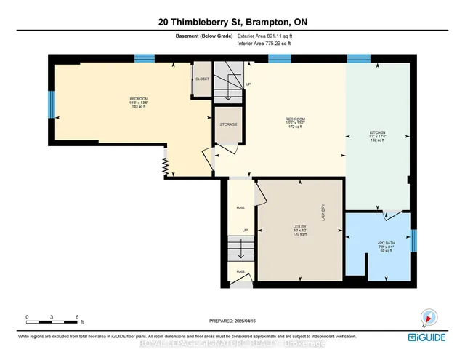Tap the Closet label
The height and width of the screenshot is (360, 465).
click(x=201, y=79)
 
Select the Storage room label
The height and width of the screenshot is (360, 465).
click(x=227, y=124)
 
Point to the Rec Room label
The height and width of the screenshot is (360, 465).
click(x=294, y=119)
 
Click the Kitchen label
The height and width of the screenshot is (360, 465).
click(x=376, y=132)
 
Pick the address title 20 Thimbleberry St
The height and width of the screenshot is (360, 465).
click(x=232, y=23)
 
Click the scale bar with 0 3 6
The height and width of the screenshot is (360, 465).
click(x=52, y=319)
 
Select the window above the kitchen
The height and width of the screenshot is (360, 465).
click(x=358, y=58)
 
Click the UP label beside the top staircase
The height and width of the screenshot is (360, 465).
click(x=248, y=84)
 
